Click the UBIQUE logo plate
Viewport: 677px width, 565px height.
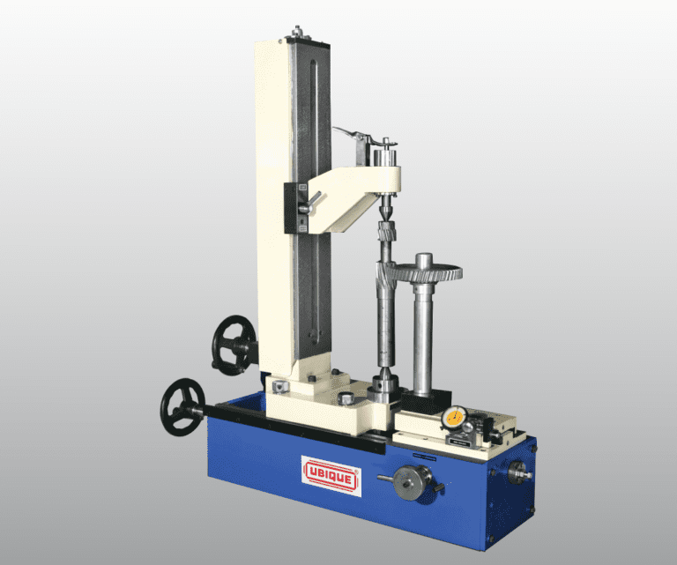(331, 473)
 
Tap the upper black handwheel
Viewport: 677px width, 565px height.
(234, 344)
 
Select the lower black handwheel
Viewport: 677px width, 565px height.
(182, 405)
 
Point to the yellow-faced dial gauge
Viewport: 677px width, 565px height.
(455, 417)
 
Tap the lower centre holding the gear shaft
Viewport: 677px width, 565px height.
(385, 385)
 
